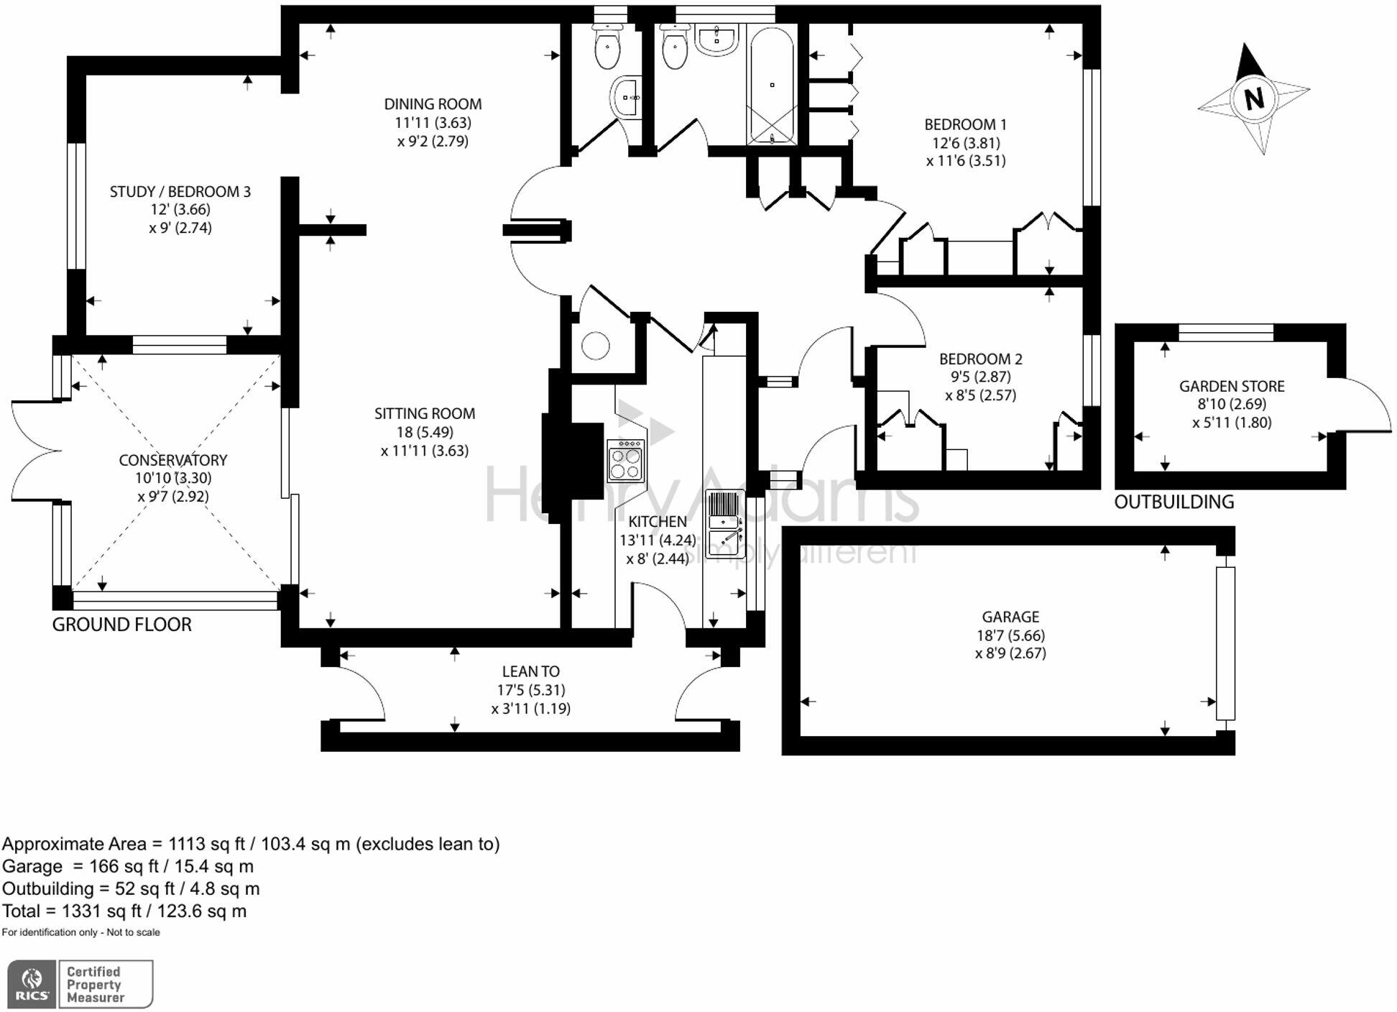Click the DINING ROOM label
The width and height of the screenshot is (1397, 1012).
point(433,104)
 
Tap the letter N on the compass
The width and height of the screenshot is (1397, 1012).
point(1254,98)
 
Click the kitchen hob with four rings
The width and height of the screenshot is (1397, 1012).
point(625,461)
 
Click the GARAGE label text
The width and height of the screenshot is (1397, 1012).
point(1010,617)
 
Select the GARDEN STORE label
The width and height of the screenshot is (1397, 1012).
point(1232,386)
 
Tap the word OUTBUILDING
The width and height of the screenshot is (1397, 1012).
point(1174,502)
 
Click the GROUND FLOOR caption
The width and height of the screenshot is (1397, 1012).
point(121,625)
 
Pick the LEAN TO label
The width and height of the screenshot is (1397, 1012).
point(530,671)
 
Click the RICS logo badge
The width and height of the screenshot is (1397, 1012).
point(32,984)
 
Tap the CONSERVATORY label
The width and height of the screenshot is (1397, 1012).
point(172,460)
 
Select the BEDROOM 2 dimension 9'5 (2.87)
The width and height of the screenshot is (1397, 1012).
point(980,377)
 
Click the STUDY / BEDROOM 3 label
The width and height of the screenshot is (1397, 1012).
point(180,191)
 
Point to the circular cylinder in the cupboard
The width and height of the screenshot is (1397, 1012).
point(595,346)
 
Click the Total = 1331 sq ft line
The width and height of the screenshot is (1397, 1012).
point(124,911)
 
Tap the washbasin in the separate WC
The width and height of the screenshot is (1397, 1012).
point(627,96)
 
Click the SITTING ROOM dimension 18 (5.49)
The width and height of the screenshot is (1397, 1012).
point(424,432)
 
